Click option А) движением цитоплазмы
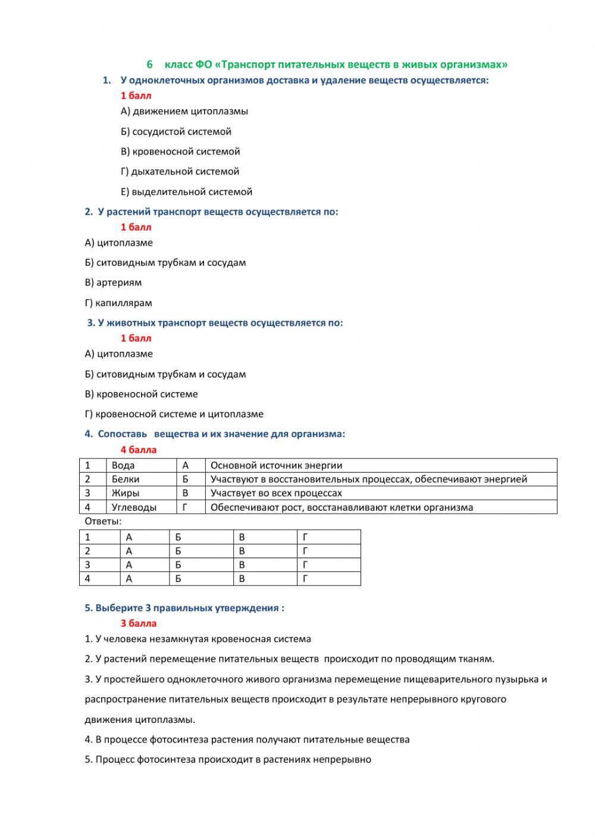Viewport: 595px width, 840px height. [184, 111]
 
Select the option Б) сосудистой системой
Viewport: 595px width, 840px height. [176, 131]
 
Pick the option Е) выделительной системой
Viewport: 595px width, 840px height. [186, 191]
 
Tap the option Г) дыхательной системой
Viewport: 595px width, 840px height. [180, 171]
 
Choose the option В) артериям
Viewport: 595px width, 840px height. [113, 282]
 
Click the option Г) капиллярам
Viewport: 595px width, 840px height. [118, 303]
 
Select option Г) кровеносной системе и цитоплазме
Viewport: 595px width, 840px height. [174, 414]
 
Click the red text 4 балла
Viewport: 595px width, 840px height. [138, 449]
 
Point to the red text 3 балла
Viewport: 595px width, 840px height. [138, 623]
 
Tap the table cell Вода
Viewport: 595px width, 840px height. [123, 465]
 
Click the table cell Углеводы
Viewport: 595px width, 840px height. [134, 507]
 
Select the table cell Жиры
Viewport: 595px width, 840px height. [126, 493]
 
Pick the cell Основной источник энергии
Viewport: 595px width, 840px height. [276, 465]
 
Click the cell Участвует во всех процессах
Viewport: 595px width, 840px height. [276, 493]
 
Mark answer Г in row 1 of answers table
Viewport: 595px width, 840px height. [305, 537]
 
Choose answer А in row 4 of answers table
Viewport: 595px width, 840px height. [129, 578]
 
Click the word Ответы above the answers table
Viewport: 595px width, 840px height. [103, 521]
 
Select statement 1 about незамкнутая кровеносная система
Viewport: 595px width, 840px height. [198, 639]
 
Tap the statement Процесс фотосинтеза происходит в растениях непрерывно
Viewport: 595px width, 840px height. [228, 759]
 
